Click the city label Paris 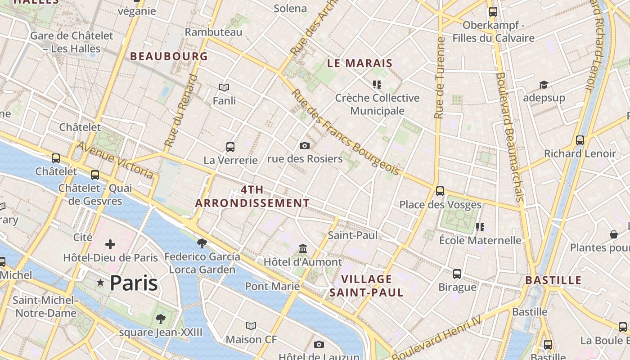tap(134, 283)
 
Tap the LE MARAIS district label tap(360, 63)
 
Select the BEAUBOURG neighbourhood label tap(169, 56)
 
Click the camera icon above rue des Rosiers tap(305, 145)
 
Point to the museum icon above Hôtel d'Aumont tap(303, 249)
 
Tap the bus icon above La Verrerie tap(230, 147)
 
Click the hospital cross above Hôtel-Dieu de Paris tap(110, 244)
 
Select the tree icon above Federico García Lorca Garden tap(202, 243)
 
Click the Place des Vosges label tap(440, 205)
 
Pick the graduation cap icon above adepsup tap(544, 85)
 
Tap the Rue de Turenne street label tap(440, 78)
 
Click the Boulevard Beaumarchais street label tap(509, 137)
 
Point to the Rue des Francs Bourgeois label tap(346, 132)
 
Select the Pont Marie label tap(272, 286)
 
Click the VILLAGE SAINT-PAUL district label tap(366, 286)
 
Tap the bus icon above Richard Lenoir tap(580, 140)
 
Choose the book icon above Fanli tap(224, 87)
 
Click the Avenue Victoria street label tap(115, 159)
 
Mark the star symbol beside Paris tap(100, 283)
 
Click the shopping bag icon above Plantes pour tap(613, 234)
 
